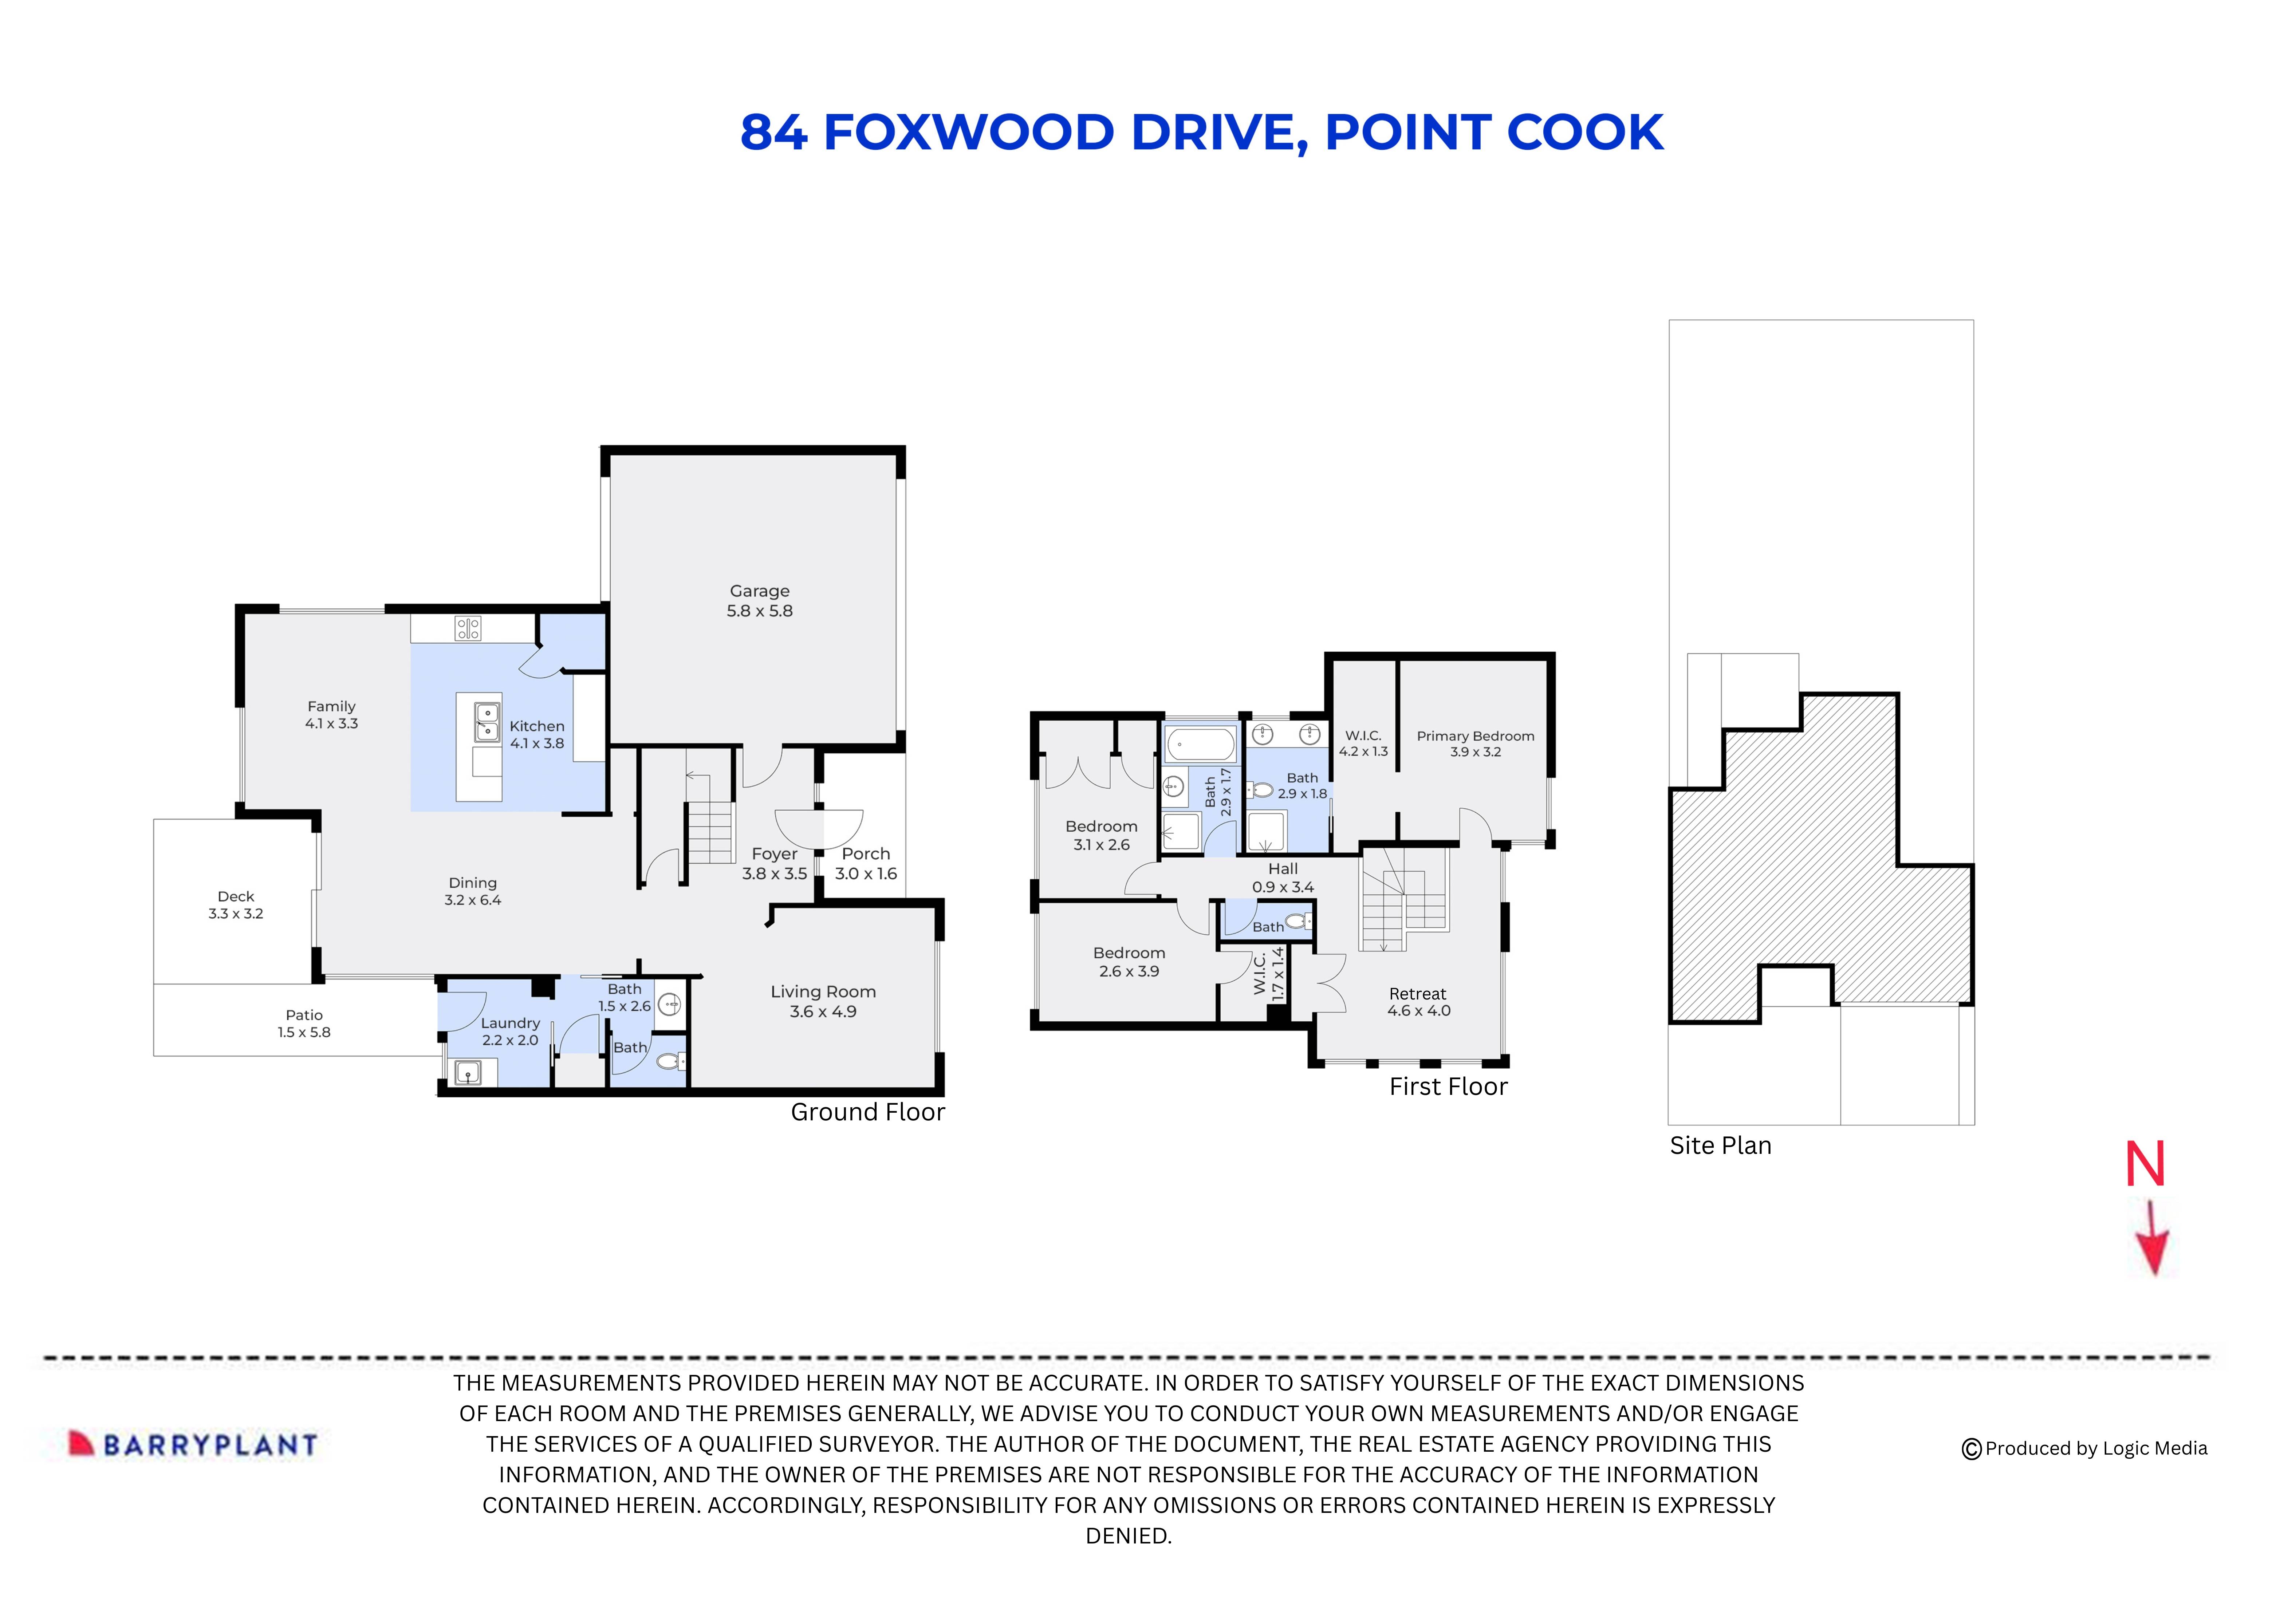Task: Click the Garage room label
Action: (x=759, y=601)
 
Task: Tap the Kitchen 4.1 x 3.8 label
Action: (x=536, y=735)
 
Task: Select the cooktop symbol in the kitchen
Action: (x=468, y=627)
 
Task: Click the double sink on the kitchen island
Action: (x=487, y=723)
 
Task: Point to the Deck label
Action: (x=236, y=904)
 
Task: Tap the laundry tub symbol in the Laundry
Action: (x=466, y=1072)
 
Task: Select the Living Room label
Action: (x=823, y=1001)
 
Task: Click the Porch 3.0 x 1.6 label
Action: (x=865, y=864)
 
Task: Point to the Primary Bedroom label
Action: (x=1475, y=744)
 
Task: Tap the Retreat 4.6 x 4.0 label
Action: (x=1418, y=1001)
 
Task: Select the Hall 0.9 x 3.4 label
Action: (x=1283, y=878)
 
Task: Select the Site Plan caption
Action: (x=1720, y=1146)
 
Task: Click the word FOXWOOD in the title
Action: (x=969, y=133)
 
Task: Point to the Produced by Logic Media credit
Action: (x=2085, y=1448)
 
